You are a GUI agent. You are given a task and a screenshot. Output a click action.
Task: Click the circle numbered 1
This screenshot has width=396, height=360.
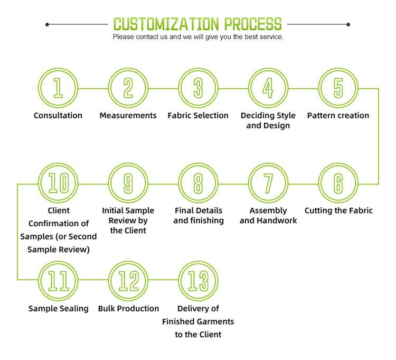(58, 88)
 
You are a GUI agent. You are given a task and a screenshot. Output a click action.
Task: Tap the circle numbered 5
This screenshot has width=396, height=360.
(338, 88)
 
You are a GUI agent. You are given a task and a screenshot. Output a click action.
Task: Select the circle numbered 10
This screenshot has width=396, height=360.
(58, 183)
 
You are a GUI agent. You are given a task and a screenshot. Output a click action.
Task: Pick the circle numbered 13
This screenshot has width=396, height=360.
(198, 281)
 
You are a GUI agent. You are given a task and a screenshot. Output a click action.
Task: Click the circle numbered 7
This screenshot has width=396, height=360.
(268, 183)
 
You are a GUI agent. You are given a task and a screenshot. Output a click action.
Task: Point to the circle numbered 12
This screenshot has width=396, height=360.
(128, 281)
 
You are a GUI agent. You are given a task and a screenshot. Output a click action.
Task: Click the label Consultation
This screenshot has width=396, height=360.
(58, 115)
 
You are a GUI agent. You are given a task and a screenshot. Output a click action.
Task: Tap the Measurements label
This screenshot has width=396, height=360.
(128, 115)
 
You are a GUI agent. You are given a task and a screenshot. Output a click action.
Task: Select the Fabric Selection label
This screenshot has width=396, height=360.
(198, 115)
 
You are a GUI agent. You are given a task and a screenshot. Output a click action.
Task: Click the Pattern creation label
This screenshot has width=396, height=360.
(338, 115)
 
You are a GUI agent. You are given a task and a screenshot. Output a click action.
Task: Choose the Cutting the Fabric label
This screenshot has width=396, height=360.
(338, 210)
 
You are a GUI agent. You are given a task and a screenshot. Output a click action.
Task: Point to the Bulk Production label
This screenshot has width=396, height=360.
(128, 308)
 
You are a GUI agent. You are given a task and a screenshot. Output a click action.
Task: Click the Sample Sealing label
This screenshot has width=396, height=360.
(59, 308)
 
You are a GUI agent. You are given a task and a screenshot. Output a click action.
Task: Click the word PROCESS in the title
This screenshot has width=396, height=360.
(252, 24)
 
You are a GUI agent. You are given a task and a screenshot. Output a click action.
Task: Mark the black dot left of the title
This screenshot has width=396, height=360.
(48, 24)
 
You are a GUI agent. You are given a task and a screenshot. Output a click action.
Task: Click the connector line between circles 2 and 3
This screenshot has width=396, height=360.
(163, 88)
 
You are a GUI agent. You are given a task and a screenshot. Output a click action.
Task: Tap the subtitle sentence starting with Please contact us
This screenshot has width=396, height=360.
(198, 37)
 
